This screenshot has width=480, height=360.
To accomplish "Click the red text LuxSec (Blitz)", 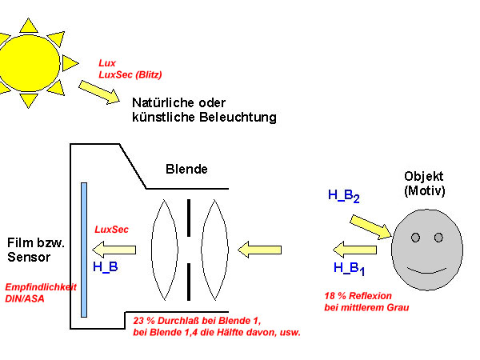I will pyautogui.click(x=130, y=74).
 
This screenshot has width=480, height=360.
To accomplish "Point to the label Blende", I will pyautogui.click(x=186, y=169).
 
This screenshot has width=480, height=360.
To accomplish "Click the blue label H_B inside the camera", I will pyautogui.click(x=106, y=267).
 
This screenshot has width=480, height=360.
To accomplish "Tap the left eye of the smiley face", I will pyautogui.click(x=415, y=237).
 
